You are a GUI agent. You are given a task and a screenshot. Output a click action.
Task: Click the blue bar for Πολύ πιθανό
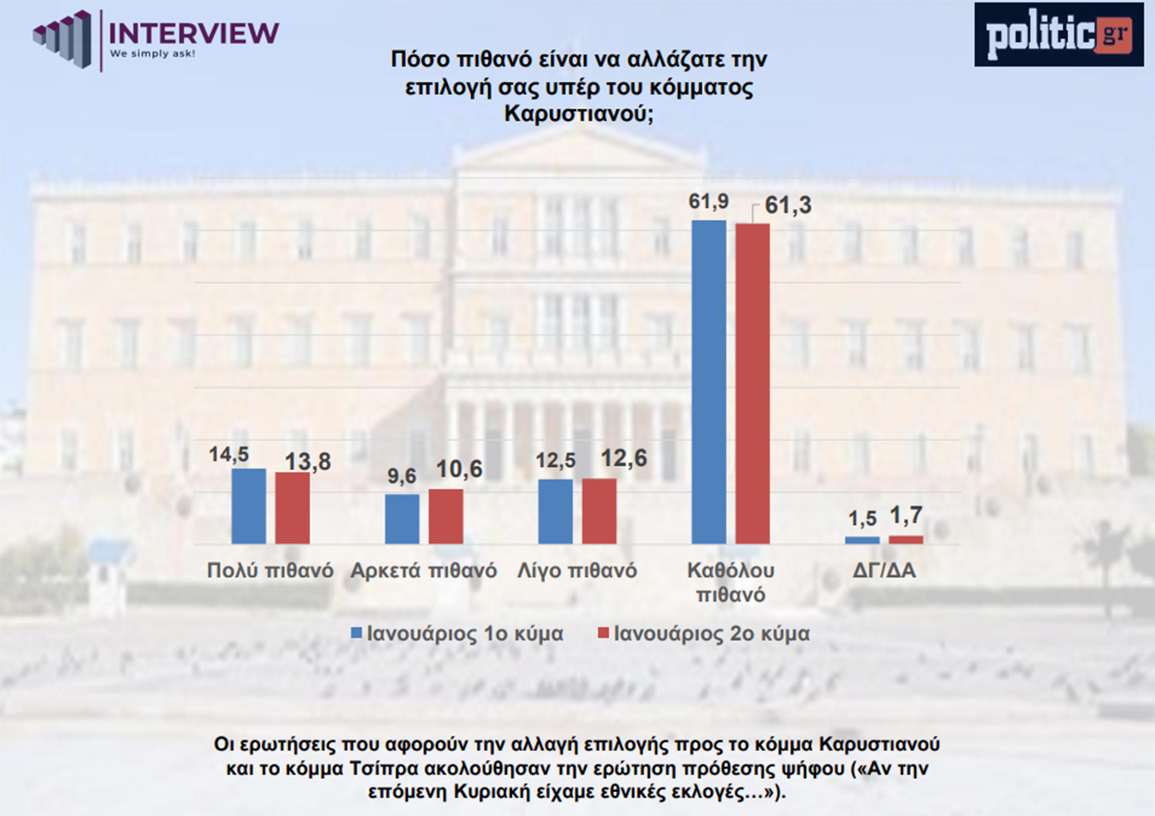point(248,506)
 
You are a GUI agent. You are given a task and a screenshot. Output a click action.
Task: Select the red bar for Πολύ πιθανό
point(292,508)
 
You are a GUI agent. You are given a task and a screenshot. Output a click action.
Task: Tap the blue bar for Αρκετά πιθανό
point(402,519)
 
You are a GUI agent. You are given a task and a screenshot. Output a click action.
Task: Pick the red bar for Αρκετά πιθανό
point(446,516)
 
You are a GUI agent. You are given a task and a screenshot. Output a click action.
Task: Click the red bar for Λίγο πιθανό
point(599,511)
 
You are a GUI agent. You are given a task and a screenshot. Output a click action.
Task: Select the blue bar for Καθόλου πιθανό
point(709,382)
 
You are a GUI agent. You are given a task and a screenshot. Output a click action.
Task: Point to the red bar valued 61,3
point(753,384)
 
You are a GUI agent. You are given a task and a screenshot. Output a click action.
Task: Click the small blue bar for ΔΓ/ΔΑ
point(862,540)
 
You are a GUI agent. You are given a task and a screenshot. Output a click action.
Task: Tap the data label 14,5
point(229,455)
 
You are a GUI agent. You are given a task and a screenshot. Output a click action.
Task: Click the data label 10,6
point(460,469)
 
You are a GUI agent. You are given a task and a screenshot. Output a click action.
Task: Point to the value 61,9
point(708,202)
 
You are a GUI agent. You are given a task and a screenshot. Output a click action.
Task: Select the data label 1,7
point(906,516)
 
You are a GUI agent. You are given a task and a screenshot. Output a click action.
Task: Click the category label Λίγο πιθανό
point(577,571)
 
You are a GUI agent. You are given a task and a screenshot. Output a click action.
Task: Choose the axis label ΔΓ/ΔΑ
point(884,571)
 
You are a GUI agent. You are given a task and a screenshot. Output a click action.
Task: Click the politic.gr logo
point(1058,35)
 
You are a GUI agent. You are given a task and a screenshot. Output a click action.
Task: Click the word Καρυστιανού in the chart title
point(579,114)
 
